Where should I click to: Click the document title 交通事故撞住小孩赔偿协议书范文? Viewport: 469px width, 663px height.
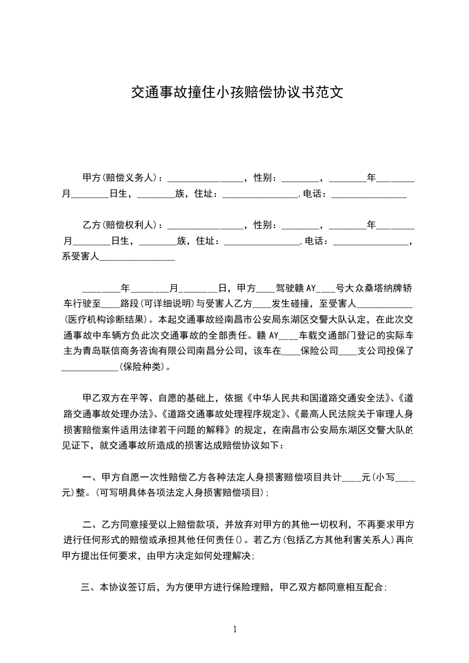(237, 93)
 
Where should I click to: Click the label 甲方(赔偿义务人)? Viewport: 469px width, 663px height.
(122, 177)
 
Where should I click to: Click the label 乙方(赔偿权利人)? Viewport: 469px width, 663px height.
(122, 225)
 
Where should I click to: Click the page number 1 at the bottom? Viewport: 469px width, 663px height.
(235, 629)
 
